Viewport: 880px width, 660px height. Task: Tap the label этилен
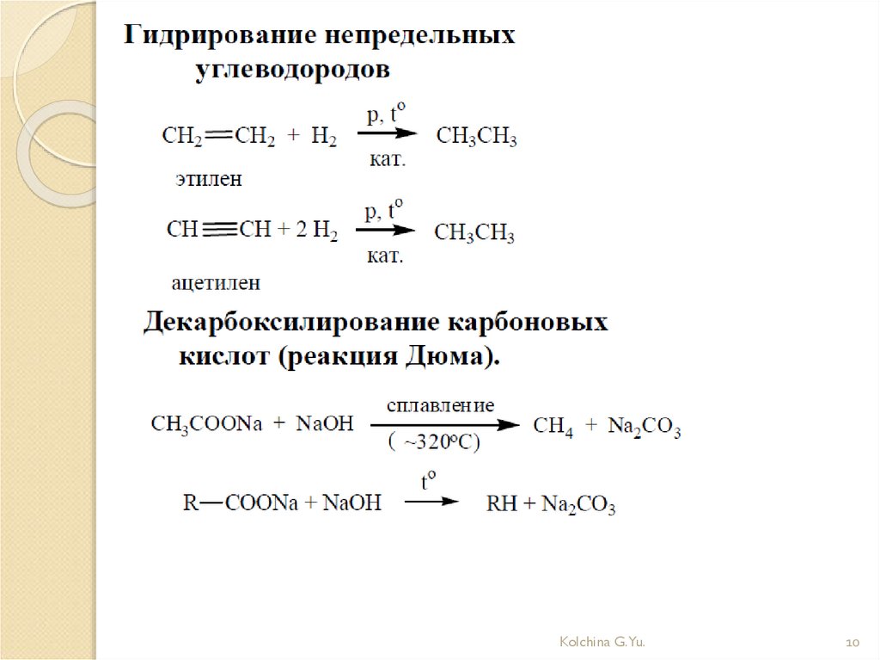pos(210,179)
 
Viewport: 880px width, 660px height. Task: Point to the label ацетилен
pos(216,282)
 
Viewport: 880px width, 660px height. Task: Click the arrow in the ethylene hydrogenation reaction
pos(388,134)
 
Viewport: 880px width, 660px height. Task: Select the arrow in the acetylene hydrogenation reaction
pos(386,231)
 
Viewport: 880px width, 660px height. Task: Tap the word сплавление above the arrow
pos(440,404)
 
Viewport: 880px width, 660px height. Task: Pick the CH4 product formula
pos(553,426)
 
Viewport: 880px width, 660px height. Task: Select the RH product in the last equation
pos(502,504)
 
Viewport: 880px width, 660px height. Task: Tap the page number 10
pos(853,643)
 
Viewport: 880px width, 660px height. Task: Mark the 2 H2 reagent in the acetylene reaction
pos(319,231)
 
